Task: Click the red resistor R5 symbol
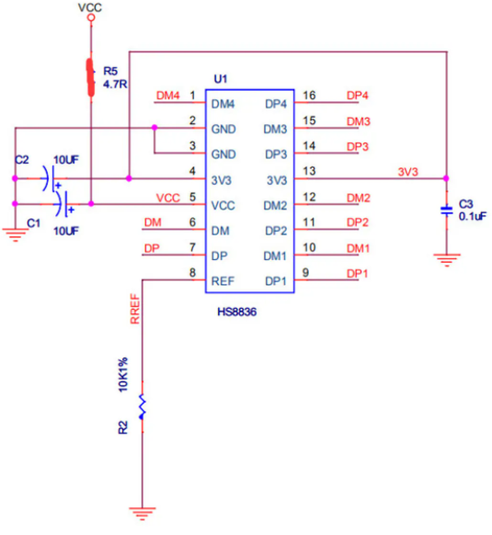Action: coord(91,77)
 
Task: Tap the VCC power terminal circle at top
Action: coord(91,17)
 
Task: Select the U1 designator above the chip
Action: coord(221,79)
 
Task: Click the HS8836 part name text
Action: coord(237,312)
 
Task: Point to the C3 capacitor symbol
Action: coord(447,211)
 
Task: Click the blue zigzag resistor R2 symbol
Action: coord(142,406)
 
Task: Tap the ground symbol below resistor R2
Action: coord(142,513)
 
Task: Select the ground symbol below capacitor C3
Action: coord(447,259)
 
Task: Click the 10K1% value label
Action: coord(123,374)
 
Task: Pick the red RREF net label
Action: coord(135,309)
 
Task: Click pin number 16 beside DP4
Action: coord(309,96)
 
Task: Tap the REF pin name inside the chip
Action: coord(223,281)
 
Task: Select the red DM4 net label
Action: coord(167,96)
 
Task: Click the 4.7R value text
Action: coord(115,84)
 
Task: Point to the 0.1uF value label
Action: coord(473,216)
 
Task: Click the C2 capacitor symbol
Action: coord(49,178)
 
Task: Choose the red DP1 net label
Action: coord(357,274)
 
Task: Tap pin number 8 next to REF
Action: coord(192,273)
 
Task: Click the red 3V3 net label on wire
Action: coord(408,172)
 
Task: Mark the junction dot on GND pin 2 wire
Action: coord(154,127)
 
